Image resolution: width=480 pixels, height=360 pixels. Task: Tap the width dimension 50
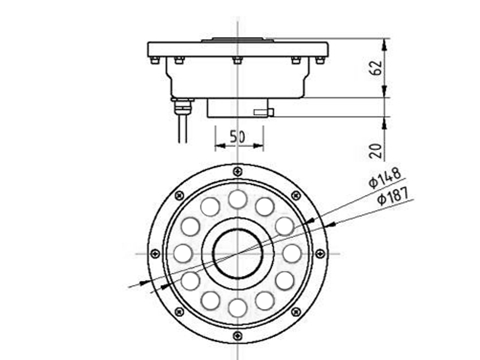238,136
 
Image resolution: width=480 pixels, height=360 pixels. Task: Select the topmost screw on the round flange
238,172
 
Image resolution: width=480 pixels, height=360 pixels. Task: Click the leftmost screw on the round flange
155,253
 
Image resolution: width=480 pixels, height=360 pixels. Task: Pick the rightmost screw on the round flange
320,253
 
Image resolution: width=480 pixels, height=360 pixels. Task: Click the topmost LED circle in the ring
238,199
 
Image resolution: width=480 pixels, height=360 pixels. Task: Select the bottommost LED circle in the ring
238,307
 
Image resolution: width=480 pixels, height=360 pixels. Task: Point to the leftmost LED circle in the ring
183,253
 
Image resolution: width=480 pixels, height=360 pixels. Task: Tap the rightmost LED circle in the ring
292,253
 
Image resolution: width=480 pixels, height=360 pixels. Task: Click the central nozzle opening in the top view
238,253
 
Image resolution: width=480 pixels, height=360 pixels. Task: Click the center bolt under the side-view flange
238,60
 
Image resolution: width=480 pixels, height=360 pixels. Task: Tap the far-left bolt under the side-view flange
154,60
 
